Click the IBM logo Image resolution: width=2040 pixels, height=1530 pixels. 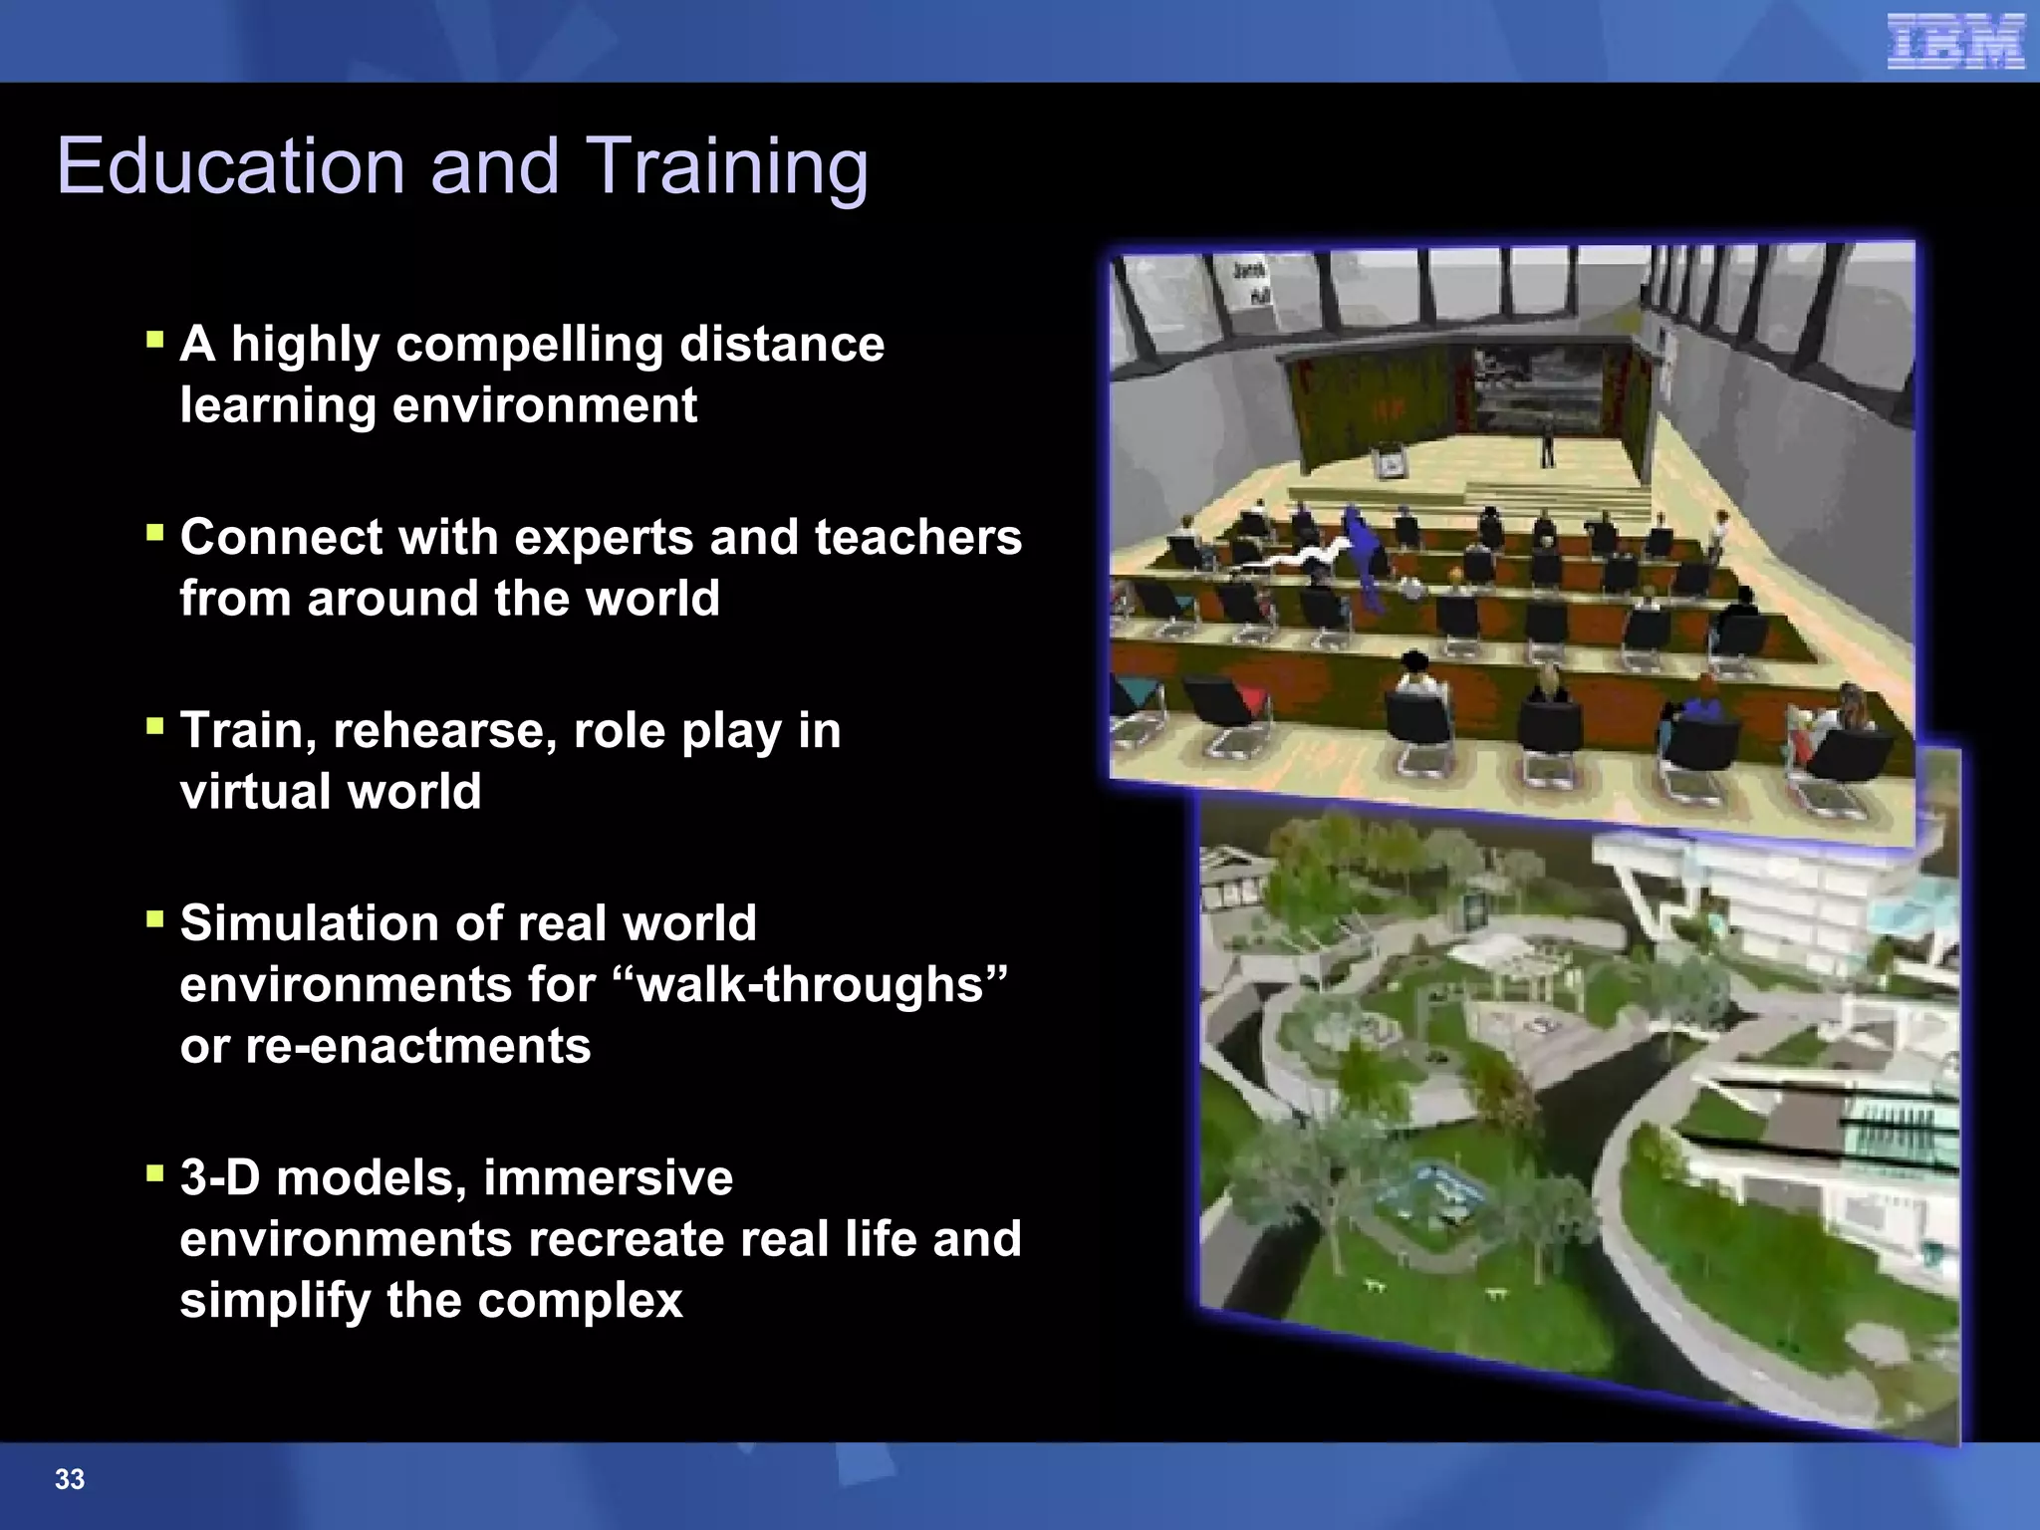coord(1955,42)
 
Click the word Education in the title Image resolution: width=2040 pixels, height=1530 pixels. coord(230,166)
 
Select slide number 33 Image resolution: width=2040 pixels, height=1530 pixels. coord(70,1479)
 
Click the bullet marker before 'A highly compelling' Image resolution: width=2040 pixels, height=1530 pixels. coord(154,341)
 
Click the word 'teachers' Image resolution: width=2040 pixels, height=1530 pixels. coord(917,537)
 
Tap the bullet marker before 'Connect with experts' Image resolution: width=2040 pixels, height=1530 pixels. coord(154,533)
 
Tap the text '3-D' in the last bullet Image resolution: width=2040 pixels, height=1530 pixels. coord(220,1177)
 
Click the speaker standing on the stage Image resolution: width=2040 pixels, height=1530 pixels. coord(1547,443)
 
